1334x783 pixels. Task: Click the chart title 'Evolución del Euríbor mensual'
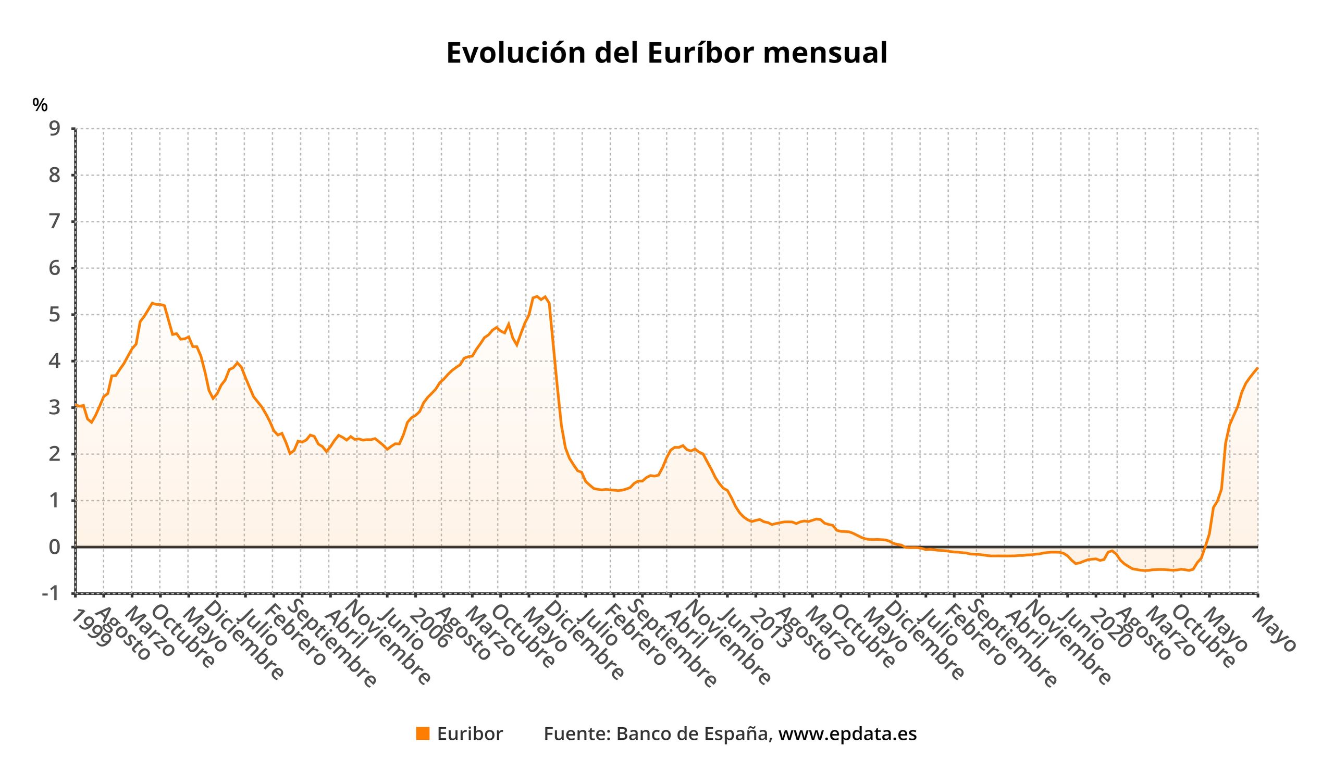click(x=666, y=54)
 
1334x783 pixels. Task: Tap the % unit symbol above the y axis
click(x=40, y=105)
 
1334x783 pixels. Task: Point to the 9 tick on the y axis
click(x=55, y=129)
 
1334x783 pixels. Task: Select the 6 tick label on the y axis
click(x=55, y=268)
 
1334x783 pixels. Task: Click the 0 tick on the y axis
click(x=55, y=547)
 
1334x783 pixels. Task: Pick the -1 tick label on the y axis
click(x=51, y=593)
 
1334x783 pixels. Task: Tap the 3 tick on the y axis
click(x=55, y=408)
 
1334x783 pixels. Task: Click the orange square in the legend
click(x=423, y=734)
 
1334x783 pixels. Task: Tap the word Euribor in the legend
click(x=470, y=734)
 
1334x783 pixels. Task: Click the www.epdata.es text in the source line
click(x=847, y=734)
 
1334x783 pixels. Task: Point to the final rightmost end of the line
click(x=1257, y=368)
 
